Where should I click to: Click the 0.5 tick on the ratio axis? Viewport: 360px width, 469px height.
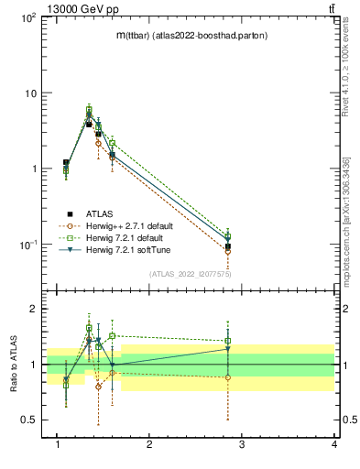click(x=27, y=420)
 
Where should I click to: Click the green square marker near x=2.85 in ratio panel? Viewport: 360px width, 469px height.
click(x=228, y=341)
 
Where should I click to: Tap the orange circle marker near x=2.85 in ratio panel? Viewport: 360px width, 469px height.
click(x=228, y=377)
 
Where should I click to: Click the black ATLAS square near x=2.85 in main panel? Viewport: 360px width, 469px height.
click(x=228, y=246)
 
